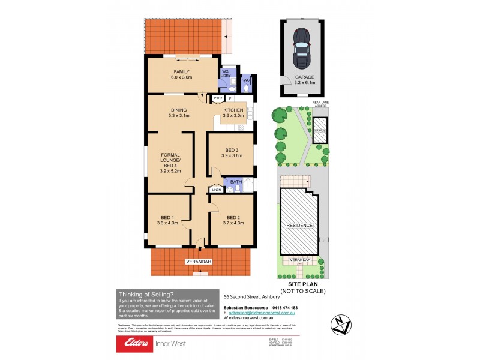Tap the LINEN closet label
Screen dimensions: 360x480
pyautogui.click(x=216, y=190)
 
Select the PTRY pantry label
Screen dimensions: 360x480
pyautogui.click(x=217, y=98)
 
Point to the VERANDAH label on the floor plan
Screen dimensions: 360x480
pyautogui.click(x=197, y=262)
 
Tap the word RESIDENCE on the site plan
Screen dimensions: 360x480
pyautogui.click(x=299, y=225)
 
